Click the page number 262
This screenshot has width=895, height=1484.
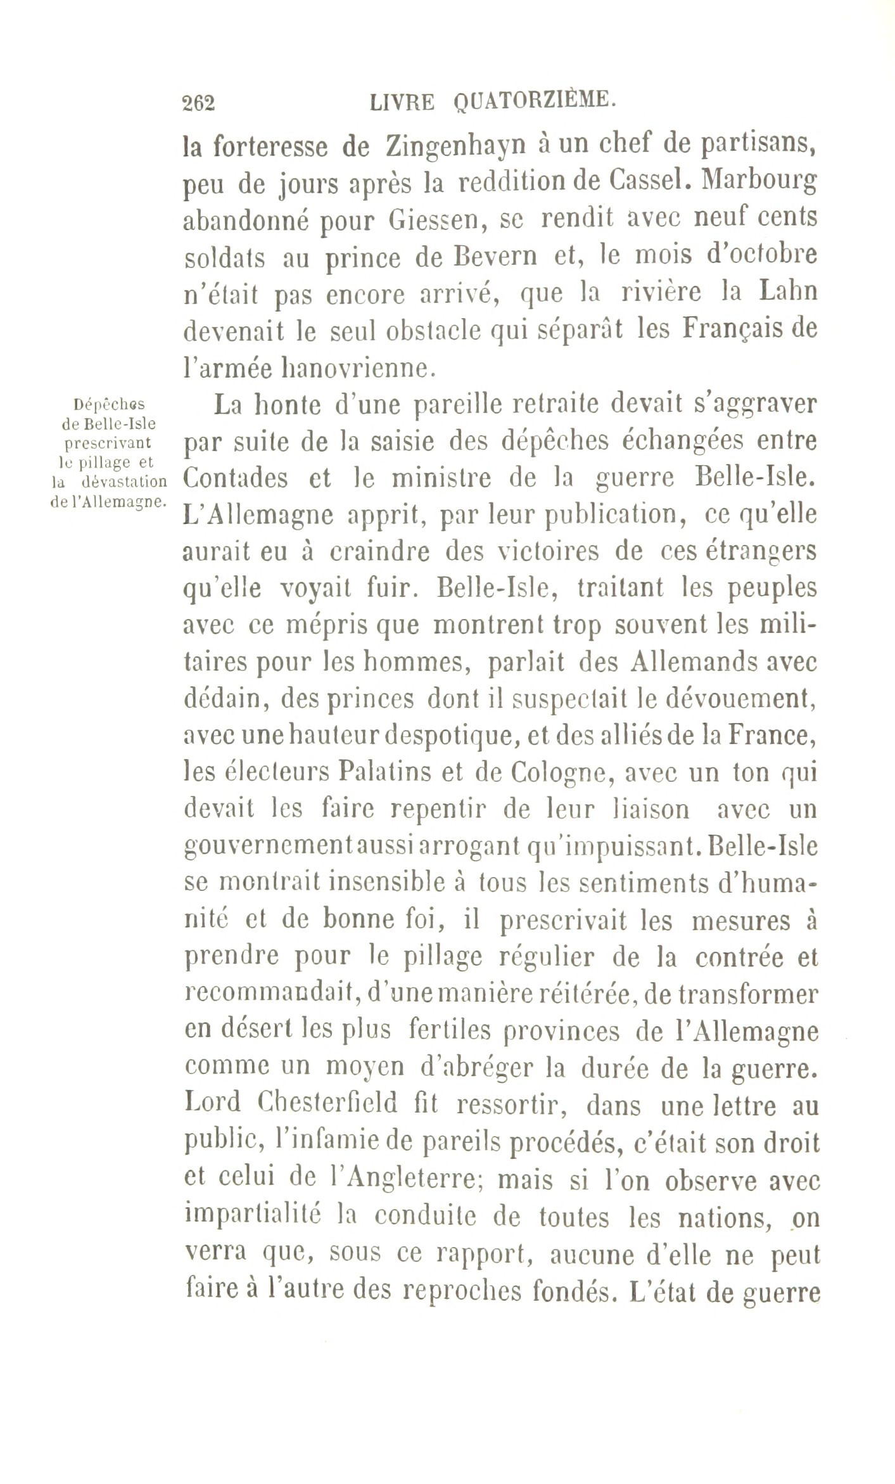click(x=198, y=102)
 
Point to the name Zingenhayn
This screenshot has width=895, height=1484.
click(x=456, y=147)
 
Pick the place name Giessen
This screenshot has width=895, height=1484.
click(x=433, y=220)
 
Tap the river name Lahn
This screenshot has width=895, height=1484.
click(x=788, y=291)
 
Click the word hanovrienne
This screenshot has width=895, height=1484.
click(x=355, y=367)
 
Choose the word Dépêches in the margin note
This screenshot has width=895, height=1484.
click(x=109, y=404)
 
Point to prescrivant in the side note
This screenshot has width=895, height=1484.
click(x=109, y=442)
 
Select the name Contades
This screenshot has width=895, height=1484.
click(x=235, y=478)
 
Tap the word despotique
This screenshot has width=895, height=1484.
click(x=452, y=736)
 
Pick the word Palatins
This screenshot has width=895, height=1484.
click(x=388, y=773)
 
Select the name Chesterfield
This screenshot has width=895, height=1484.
click(x=327, y=1104)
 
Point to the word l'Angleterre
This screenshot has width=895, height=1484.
click(x=403, y=1179)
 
